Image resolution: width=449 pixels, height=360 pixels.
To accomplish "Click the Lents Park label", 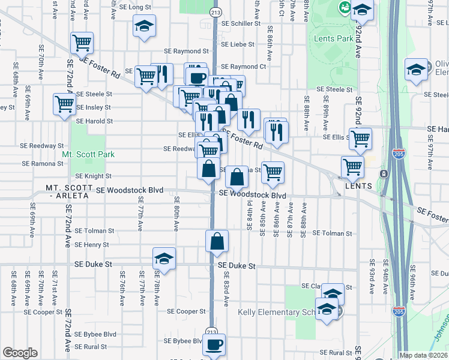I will tap(333, 38).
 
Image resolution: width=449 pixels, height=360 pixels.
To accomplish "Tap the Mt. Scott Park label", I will tap(88, 154).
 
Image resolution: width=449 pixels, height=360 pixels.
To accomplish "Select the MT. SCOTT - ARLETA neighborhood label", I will tap(70, 191).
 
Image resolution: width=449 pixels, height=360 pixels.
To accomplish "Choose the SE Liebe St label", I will tap(240, 44).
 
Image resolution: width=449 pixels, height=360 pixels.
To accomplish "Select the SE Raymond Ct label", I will tap(243, 67).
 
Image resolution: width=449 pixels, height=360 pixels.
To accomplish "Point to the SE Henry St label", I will tap(92, 245).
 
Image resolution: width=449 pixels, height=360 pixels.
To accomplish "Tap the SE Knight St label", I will tap(93, 176).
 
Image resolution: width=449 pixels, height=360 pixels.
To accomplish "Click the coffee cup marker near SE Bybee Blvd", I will tap(214, 345).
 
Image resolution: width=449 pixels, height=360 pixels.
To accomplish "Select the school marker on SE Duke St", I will tap(164, 259).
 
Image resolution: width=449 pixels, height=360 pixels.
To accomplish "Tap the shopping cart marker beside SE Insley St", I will tap(64, 104).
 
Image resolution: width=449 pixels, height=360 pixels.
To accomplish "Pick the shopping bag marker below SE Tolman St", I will tap(217, 242).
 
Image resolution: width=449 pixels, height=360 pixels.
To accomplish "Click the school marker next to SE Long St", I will tap(144, 26).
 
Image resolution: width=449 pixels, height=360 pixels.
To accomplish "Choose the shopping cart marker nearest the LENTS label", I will tap(352, 167).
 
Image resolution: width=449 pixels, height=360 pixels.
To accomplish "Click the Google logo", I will tap(20, 353).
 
